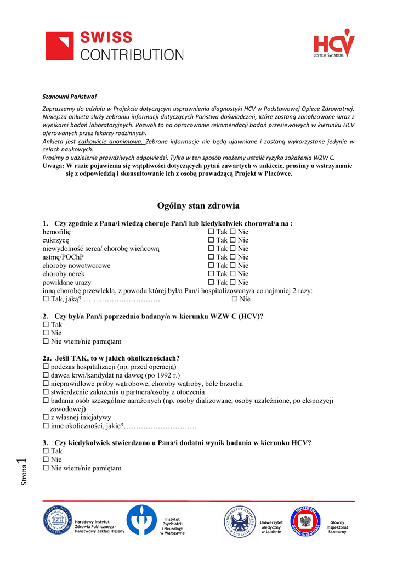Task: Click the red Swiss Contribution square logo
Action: [x=60, y=46]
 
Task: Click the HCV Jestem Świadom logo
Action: [x=334, y=43]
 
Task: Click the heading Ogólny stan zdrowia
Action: [x=198, y=206]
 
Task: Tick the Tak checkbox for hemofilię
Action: [x=211, y=232]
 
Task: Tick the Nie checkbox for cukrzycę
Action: [x=232, y=240]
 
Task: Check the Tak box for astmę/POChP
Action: [x=211, y=257]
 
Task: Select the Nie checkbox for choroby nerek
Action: [x=232, y=274]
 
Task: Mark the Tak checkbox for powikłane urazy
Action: [x=211, y=282]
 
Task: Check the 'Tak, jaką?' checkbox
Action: [x=46, y=299]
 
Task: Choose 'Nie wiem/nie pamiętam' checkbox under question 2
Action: [x=46, y=341]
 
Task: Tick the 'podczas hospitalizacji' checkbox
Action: [x=46, y=367]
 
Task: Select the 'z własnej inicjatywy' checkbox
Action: [x=46, y=417]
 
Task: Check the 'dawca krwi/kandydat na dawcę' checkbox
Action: [x=46, y=375]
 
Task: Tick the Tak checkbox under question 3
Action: [x=46, y=451]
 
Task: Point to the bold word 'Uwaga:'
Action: [x=53, y=166]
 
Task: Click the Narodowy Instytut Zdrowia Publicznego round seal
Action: [x=58, y=520]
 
